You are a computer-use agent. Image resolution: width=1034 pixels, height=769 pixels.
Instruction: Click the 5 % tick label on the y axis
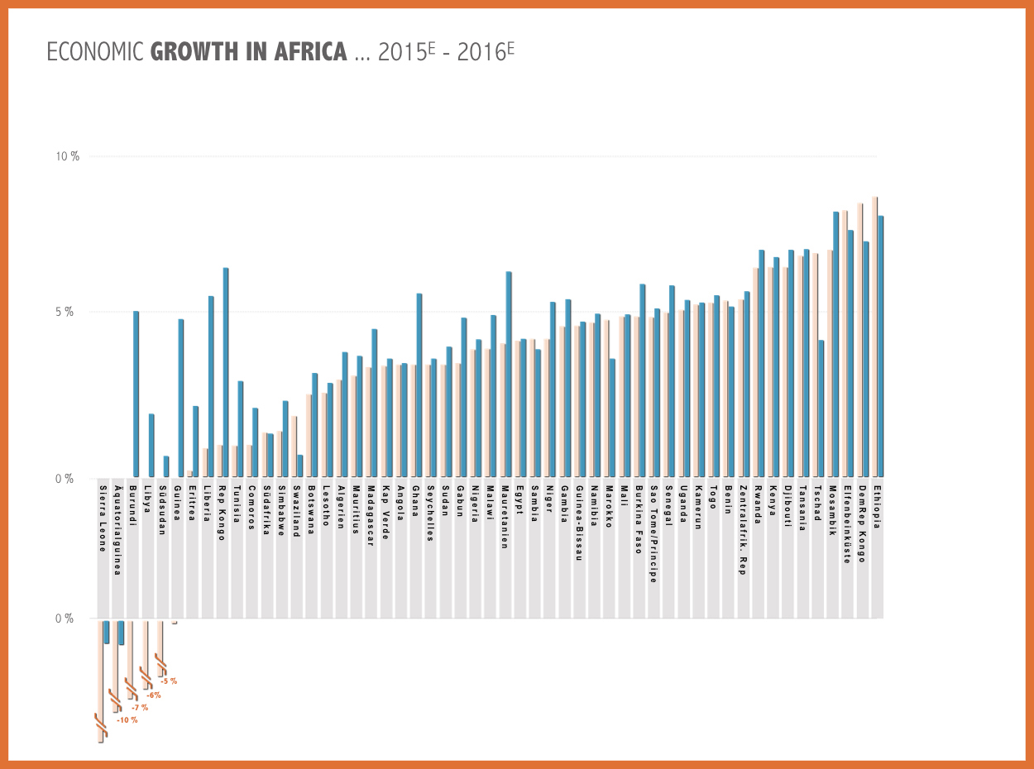coord(65,313)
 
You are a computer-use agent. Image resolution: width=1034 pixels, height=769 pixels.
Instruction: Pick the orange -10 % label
coord(127,720)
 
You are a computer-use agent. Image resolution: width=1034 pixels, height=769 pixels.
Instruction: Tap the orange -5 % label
coord(169,681)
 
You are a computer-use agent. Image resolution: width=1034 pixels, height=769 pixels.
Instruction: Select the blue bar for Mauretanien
coord(509,374)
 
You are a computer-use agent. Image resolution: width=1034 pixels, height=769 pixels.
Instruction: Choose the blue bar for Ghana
coord(419,385)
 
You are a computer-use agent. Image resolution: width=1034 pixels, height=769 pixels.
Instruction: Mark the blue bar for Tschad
coord(821,408)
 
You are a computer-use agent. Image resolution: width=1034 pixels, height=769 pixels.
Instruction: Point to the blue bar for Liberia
coord(211,386)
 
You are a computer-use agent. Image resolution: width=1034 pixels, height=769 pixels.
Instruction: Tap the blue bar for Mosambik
coord(836,344)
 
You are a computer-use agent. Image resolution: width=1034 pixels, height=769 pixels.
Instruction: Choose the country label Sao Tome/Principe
coord(653,533)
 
